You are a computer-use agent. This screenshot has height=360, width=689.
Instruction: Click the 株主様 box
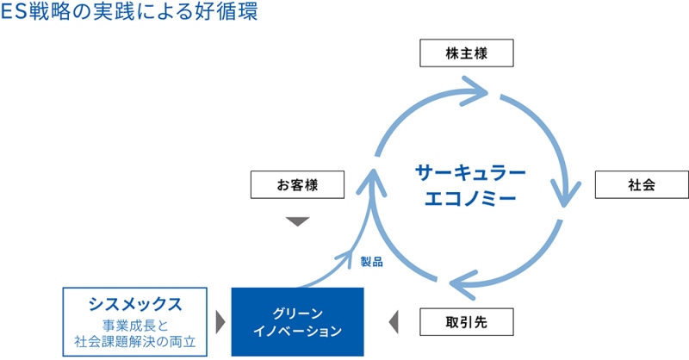[x=467, y=53]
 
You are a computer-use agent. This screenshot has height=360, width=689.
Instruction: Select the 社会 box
[x=642, y=184]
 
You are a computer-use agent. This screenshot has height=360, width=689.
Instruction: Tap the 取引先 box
[x=467, y=322]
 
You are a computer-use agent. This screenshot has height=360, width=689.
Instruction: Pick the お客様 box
[x=297, y=184]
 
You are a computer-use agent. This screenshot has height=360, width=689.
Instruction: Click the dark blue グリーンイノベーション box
[x=297, y=322]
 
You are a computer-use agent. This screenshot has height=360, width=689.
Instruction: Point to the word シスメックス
[x=135, y=304]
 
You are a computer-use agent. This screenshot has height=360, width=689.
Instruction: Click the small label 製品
[x=372, y=262]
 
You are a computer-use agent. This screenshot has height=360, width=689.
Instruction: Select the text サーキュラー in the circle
[x=470, y=173]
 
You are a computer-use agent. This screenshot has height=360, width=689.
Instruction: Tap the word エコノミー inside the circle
[x=470, y=198]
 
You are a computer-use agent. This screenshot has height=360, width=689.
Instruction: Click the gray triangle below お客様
[x=297, y=220]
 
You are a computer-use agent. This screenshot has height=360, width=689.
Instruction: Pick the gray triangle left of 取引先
[x=394, y=322]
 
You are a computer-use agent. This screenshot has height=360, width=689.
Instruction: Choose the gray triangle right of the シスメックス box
[x=220, y=322]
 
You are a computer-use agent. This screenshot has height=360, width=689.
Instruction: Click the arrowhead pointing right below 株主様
[x=475, y=91]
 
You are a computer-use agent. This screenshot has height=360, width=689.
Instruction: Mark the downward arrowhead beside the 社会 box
[x=566, y=194]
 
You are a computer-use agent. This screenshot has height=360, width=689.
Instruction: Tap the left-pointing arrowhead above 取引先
[x=463, y=284]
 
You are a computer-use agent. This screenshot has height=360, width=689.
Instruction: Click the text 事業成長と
[x=135, y=326]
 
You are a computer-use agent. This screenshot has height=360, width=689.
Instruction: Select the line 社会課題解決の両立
[x=135, y=342]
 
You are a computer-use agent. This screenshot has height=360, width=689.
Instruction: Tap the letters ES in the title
[x=14, y=11]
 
